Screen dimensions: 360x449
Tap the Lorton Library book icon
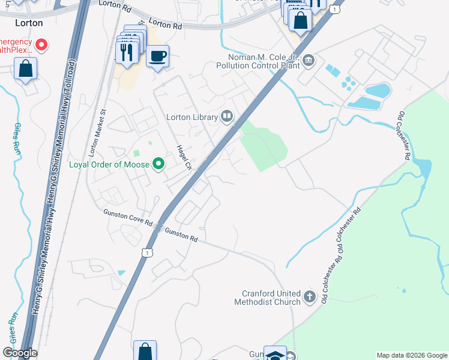(x=227, y=116)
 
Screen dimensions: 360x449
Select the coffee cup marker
(x=157, y=56)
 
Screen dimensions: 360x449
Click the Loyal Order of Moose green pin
(x=158, y=164)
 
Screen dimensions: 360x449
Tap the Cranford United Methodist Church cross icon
(x=309, y=296)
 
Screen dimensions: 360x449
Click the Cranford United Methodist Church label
(x=271, y=298)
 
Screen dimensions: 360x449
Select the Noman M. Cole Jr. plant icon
(x=309, y=60)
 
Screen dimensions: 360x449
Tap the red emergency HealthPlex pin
(x=41, y=44)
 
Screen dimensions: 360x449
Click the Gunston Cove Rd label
(x=127, y=217)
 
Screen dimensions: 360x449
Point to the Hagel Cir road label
(x=183, y=158)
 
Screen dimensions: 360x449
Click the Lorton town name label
(x=28, y=23)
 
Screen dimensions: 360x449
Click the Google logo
(x=20, y=353)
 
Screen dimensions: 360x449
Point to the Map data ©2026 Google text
(x=411, y=355)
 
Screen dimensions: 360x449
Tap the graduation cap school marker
(x=275, y=354)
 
